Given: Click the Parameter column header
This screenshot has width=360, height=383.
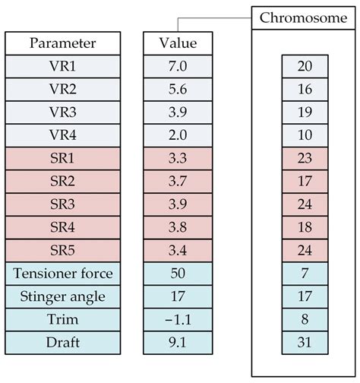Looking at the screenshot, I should (x=63, y=43).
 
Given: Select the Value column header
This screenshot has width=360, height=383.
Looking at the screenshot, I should (x=178, y=43).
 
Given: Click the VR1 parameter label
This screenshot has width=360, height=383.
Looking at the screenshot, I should (x=63, y=66).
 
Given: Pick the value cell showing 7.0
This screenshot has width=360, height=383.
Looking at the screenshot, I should (x=178, y=66).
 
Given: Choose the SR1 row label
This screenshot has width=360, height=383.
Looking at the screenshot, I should (x=63, y=158).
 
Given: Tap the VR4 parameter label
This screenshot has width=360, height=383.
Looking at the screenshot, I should (x=63, y=135).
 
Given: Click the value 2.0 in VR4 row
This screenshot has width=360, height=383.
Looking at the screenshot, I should (x=178, y=135).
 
